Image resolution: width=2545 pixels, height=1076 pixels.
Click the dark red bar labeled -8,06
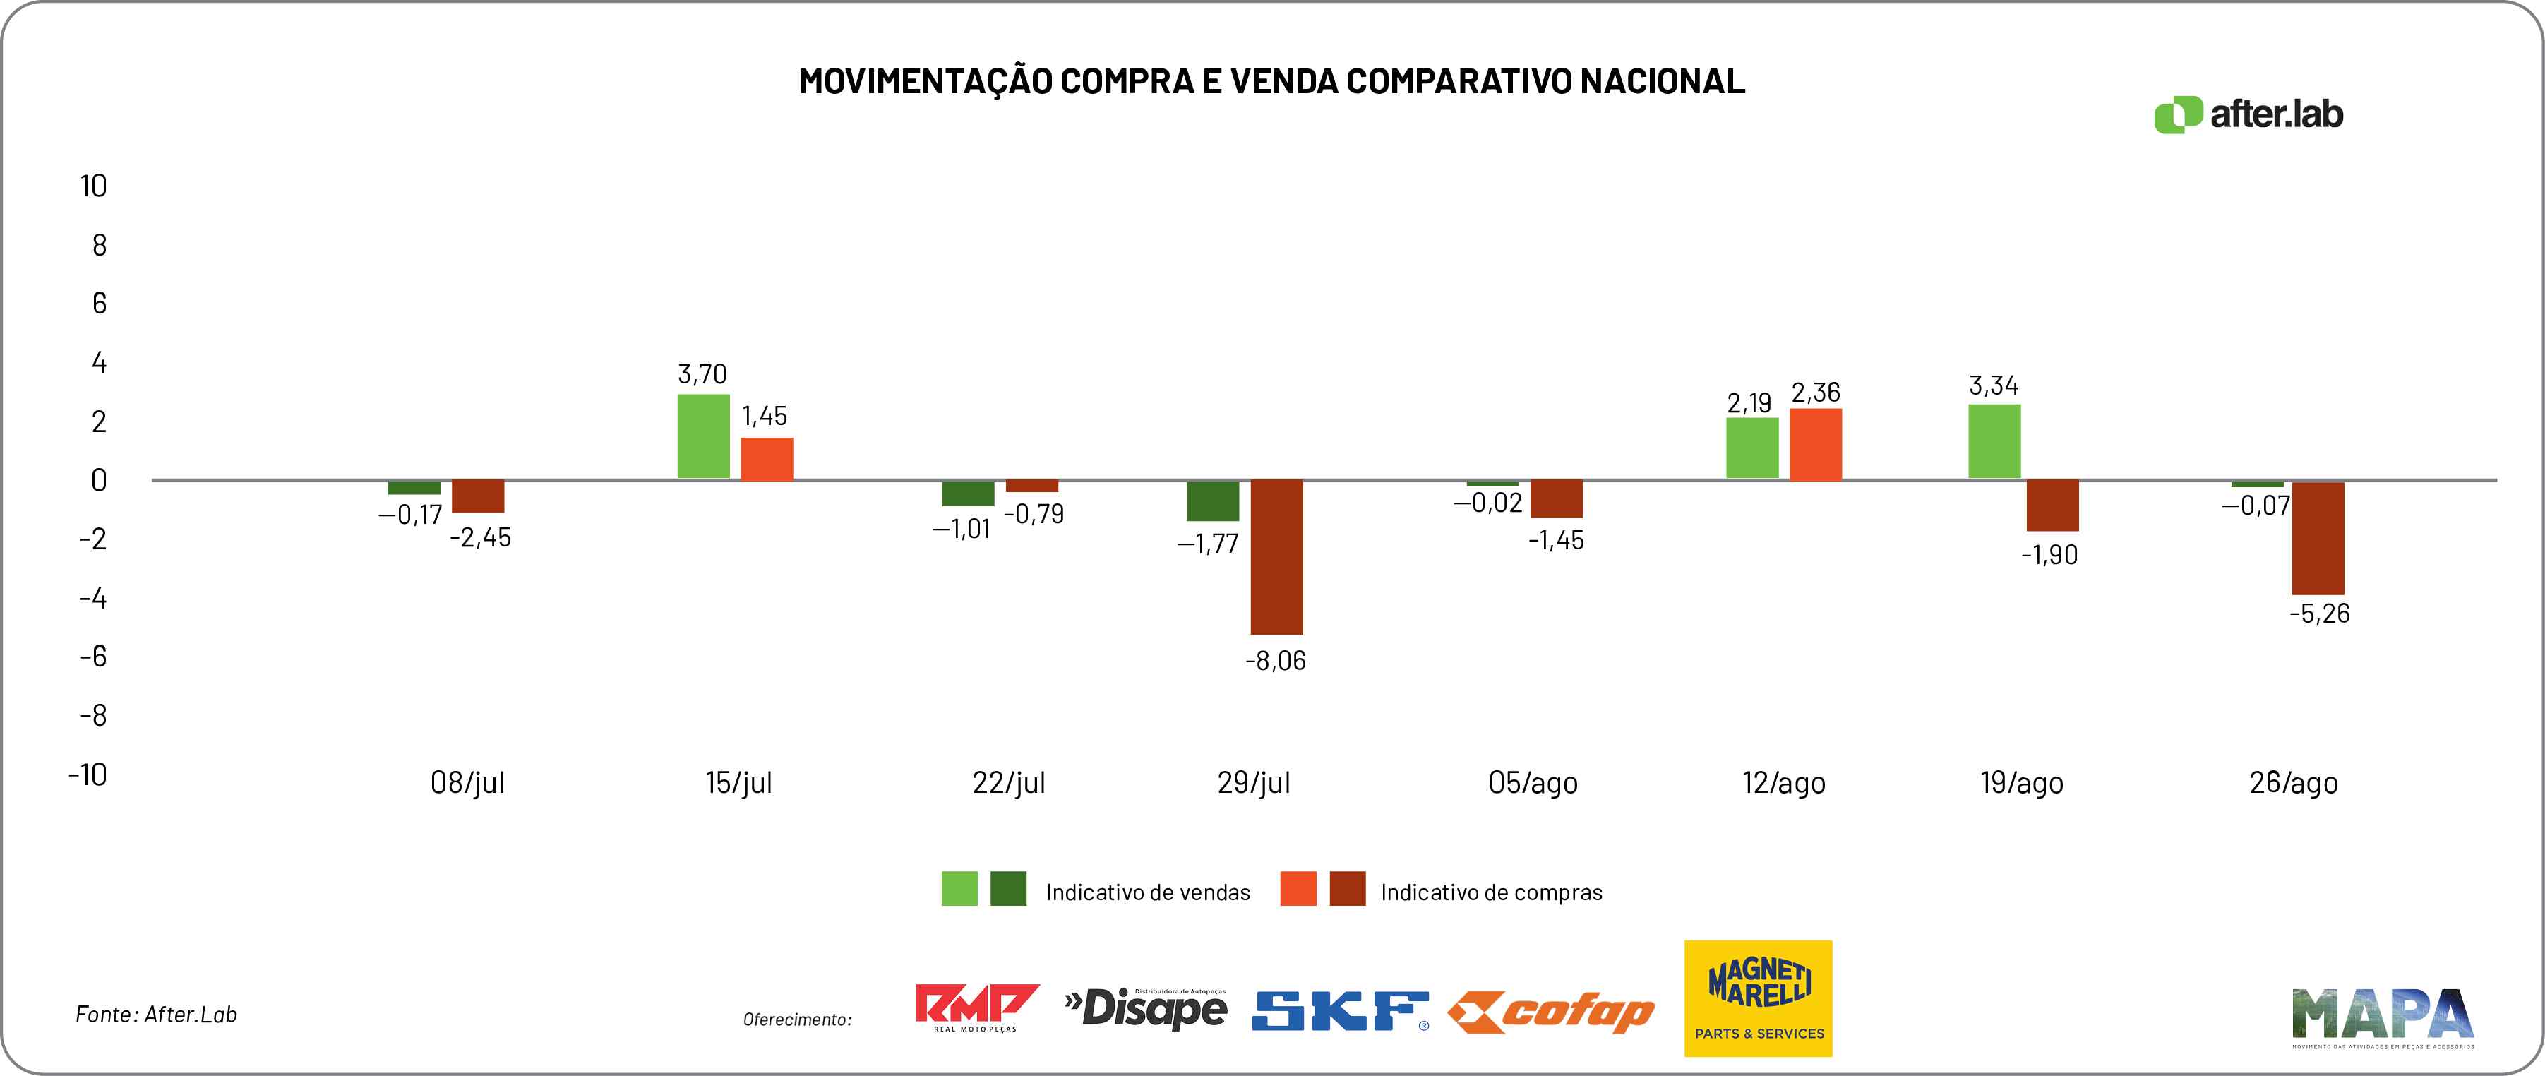(x=1276, y=556)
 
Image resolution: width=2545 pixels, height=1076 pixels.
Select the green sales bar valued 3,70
(x=703, y=437)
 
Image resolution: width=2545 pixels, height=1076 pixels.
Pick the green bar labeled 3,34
(x=1995, y=442)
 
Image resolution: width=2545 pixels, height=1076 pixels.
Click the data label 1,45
(x=765, y=416)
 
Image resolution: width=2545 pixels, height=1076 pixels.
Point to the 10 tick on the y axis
(x=94, y=186)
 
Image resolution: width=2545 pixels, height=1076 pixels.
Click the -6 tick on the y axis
(x=93, y=656)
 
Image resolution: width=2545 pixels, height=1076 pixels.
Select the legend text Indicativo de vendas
(x=1148, y=893)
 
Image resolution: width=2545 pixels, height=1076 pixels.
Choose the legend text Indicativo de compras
(x=1491, y=893)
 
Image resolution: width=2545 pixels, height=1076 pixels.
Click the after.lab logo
(x=2248, y=114)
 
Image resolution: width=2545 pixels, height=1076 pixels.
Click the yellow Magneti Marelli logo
(x=1758, y=998)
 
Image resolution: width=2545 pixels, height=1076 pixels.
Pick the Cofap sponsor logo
(x=1551, y=1012)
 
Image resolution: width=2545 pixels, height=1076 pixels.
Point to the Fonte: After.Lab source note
(x=156, y=1015)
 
